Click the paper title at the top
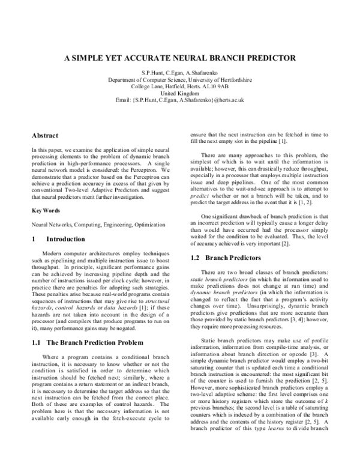180,58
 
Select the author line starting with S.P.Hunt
180,72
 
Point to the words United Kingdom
180,93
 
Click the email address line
180,100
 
